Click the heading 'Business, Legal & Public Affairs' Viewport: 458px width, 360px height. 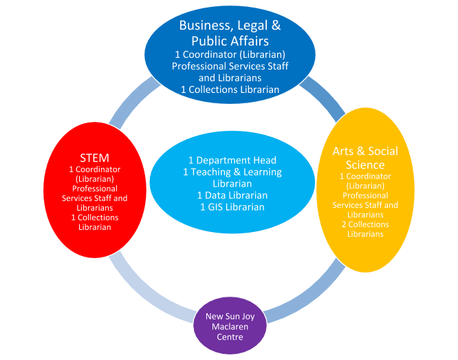point(230,33)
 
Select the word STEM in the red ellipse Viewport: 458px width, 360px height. point(95,158)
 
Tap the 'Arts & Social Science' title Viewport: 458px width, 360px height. point(365,158)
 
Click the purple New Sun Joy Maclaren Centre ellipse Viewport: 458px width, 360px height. point(230,326)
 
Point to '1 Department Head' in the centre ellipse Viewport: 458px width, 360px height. point(232,160)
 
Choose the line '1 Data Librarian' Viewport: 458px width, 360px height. point(232,195)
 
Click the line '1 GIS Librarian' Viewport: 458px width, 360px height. point(232,207)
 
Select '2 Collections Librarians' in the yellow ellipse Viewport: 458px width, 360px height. point(365,229)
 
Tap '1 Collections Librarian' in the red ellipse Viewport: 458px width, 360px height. point(95,222)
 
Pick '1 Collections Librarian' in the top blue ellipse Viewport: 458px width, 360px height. point(230,89)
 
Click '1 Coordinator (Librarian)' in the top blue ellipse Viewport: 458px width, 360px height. point(230,54)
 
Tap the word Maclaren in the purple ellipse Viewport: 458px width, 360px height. point(230,327)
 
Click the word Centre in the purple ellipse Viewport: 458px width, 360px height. point(230,337)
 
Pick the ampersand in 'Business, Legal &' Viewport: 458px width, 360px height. point(276,25)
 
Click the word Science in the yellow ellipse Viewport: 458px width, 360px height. point(365,165)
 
